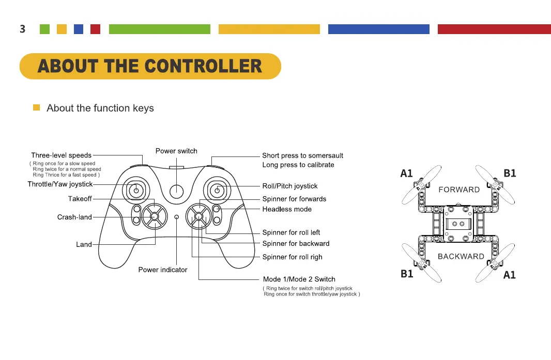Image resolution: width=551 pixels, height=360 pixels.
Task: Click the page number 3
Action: pos(22,29)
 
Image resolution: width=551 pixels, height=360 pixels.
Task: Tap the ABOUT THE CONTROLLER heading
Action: pos(150,66)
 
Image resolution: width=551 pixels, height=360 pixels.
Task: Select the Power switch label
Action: pos(176,151)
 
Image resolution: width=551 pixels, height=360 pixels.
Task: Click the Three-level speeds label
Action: pos(61,155)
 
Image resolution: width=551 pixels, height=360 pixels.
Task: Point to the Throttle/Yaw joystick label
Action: pos(60,184)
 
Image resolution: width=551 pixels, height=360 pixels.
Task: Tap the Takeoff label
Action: pos(80,199)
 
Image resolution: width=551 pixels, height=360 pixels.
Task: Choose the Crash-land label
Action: pos(74,217)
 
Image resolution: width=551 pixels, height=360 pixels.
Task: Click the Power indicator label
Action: pos(163,270)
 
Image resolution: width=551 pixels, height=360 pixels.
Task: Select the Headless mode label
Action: pos(287,209)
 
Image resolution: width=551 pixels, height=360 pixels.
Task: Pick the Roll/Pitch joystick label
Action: pos(289,186)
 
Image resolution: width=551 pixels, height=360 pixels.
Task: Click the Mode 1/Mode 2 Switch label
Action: pos(299,279)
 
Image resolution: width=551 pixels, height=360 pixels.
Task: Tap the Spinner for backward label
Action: pos(296,243)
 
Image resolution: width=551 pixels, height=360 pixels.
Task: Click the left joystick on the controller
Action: pos(136,191)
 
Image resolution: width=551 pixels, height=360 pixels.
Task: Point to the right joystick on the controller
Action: pos(217,191)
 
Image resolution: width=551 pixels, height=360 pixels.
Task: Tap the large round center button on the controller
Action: pos(177,191)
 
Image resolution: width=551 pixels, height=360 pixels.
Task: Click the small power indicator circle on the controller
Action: pos(177,217)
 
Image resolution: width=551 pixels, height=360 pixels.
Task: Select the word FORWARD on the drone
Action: pos(458,190)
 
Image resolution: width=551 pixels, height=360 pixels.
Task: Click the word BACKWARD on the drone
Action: pos(461,256)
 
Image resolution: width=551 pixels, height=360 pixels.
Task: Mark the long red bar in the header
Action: pos(494,29)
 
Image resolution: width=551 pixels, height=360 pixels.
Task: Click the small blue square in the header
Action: pos(79,29)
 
